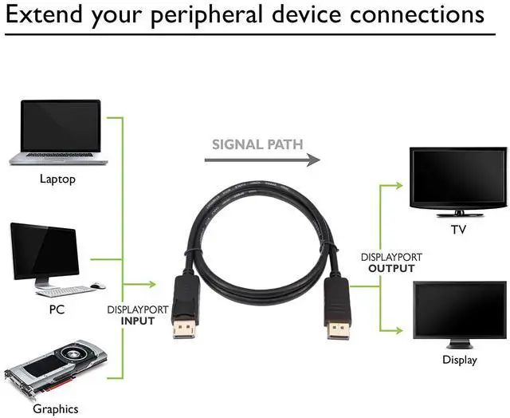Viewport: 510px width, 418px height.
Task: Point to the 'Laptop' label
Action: click(57, 179)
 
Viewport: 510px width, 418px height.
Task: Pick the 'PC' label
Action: click(57, 308)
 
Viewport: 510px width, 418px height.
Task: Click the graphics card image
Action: click(56, 371)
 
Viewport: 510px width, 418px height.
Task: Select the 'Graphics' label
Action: click(56, 409)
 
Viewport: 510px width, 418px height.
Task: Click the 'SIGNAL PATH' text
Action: click(257, 144)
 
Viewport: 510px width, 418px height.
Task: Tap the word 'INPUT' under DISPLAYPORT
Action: click(137, 321)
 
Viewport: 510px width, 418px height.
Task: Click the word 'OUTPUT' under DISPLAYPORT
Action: click(391, 269)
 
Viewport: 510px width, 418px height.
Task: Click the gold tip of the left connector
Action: click(183, 328)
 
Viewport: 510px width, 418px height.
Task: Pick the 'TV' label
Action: click(458, 231)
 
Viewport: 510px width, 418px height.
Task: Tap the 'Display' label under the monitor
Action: click(459, 360)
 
